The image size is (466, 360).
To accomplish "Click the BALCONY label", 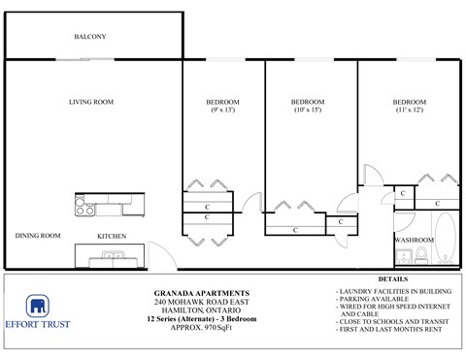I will [89, 37].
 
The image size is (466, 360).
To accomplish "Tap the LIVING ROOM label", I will [91, 102].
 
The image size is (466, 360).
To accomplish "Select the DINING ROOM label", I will [38, 235].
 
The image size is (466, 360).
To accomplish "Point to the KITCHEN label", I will [112, 236].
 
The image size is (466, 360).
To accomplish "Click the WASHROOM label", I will [413, 239].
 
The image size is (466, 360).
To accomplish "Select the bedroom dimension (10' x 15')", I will [308, 111].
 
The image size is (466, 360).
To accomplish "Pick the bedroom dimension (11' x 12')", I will [409, 111].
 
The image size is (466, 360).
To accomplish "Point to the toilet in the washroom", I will [424, 255].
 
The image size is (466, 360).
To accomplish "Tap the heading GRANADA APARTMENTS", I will [202, 290].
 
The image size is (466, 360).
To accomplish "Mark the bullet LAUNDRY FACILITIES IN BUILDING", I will [392, 291].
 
